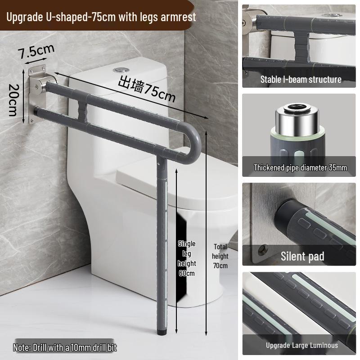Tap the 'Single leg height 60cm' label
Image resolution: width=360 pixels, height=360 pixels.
(187, 258)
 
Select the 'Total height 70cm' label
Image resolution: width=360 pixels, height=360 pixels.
(220, 256)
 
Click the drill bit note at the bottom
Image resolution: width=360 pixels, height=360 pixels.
(65, 347)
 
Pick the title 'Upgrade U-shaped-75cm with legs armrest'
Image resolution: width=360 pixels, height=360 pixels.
(101, 17)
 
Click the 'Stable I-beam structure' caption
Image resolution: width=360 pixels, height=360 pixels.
(301, 80)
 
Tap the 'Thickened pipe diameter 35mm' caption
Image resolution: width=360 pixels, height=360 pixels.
(300, 168)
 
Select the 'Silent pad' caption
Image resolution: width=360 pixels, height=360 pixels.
(302, 256)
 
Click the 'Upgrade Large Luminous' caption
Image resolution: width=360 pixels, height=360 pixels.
(301, 345)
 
